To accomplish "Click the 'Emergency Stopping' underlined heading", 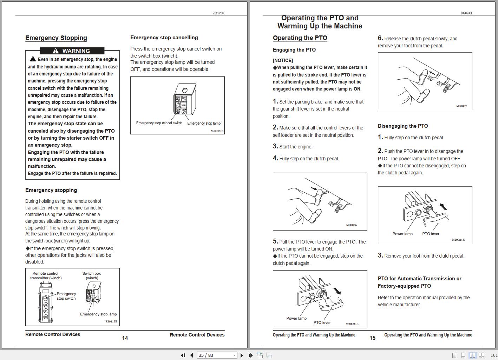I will coord(56,38).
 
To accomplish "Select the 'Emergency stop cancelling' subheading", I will coord(164,38).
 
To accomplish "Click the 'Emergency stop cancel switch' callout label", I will coord(159,123).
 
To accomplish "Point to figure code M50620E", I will coord(217,131).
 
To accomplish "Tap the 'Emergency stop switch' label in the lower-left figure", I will coord(66,296).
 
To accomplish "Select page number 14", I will coord(125,338).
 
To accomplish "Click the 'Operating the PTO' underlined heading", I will coord(300,38).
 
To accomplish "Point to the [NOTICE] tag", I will coord(283,60).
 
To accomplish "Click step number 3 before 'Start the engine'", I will coord(275,146).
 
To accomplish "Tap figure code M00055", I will coord(351,225).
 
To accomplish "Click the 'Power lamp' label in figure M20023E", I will coord(296,318).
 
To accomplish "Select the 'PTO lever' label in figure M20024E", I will coord(431,234).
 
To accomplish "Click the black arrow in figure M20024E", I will coord(443,206).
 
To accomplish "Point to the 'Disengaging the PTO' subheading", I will coord(403,126).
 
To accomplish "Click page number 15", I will coord(373,338).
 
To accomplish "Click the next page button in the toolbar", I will coord(242,355).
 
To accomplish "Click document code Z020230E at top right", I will coord(466,13).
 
